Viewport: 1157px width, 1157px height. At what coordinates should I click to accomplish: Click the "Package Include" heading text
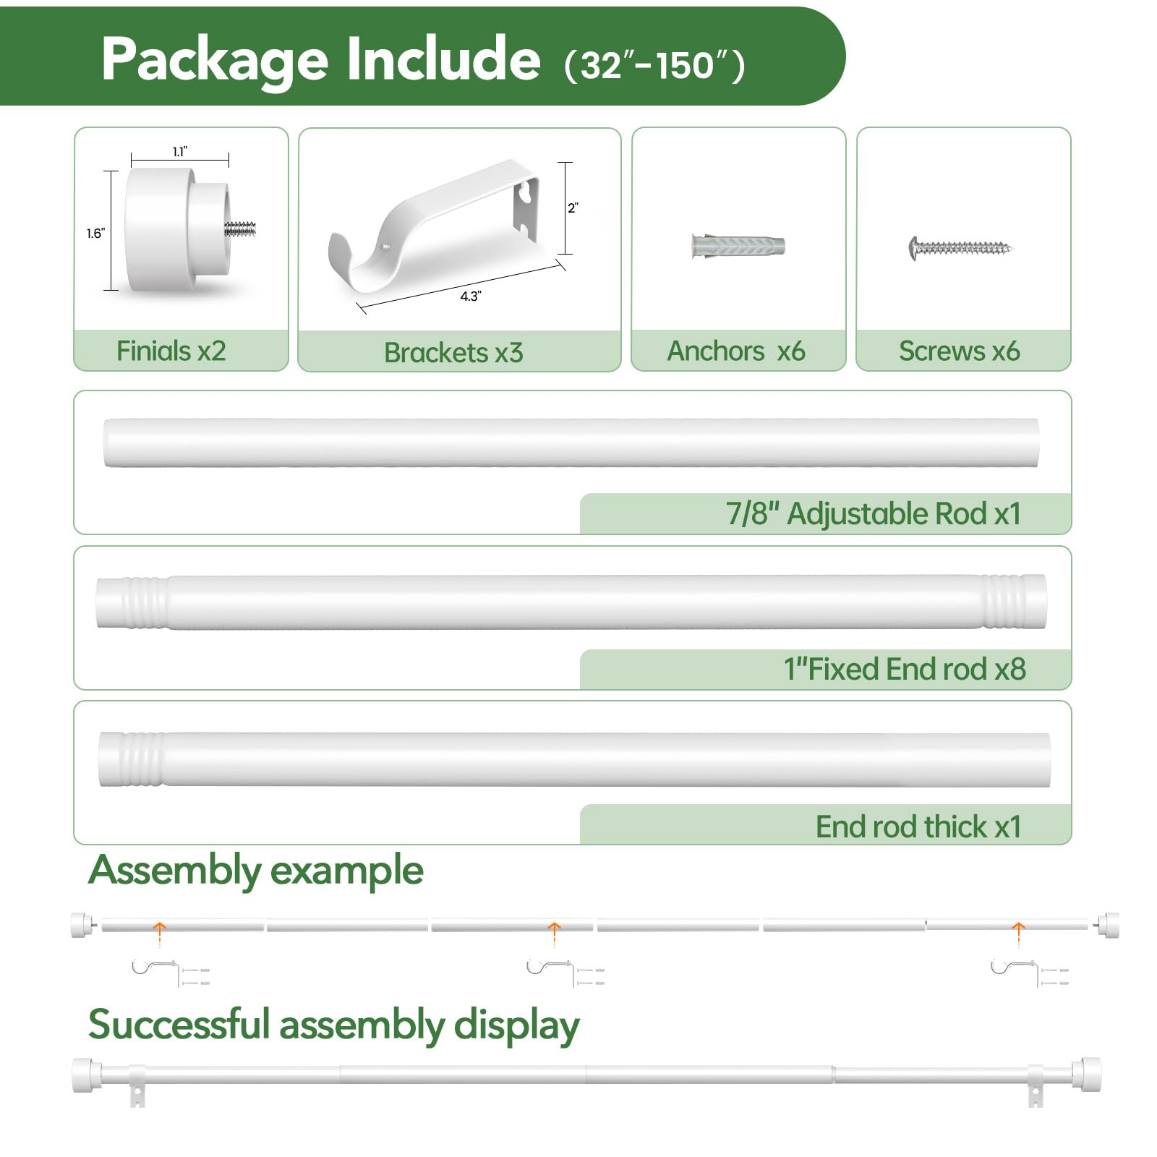coord(320,59)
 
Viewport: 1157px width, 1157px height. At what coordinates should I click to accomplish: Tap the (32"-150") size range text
coord(654,65)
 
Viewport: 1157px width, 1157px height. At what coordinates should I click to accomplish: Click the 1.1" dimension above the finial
coord(180,151)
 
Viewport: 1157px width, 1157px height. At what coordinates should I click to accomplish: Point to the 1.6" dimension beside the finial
coord(95,233)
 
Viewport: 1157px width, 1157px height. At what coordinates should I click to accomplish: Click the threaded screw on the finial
coord(241,229)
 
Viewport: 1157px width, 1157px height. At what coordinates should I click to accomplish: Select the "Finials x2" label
coord(171,351)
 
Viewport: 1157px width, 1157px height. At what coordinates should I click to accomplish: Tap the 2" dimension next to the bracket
coord(573,208)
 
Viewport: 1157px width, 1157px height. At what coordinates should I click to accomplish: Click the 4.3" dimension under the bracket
coord(470,296)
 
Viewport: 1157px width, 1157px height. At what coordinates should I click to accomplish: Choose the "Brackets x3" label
coord(453,352)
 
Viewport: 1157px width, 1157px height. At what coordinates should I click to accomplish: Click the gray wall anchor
coord(738,246)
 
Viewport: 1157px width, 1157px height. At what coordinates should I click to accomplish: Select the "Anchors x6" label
coord(735,351)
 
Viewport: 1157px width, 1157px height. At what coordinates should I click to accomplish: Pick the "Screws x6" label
coord(959,351)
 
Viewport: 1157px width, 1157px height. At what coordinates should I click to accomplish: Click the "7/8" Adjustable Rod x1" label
coord(874,513)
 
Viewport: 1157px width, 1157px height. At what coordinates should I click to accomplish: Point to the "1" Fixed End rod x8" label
coord(905,669)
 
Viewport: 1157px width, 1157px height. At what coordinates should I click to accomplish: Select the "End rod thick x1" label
coord(918,826)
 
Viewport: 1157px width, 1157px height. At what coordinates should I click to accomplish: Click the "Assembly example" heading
coord(255,870)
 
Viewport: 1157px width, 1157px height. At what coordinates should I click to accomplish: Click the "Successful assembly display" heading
coord(333,1025)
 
